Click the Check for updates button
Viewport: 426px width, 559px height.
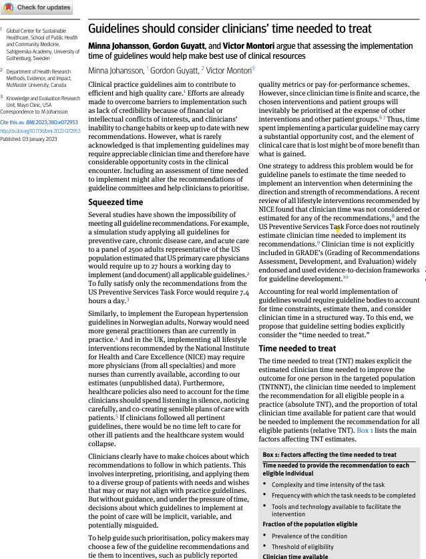tap(37, 7)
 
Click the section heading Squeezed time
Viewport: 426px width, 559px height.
tap(116, 202)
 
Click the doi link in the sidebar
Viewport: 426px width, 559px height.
tap(40, 131)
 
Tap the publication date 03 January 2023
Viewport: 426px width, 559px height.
tap(39, 139)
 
